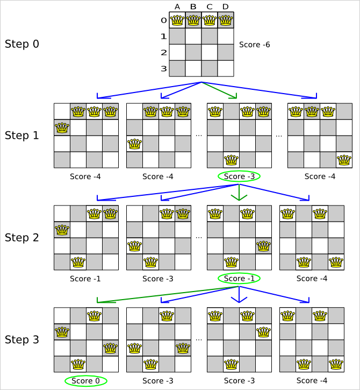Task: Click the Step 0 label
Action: pos(21,44)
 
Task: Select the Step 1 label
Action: pos(21,135)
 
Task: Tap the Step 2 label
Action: pos(21,237)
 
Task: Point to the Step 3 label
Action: pos(21,340)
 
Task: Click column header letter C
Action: pos(210,7)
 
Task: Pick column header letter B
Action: pos(193,7)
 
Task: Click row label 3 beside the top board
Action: pos(164,69)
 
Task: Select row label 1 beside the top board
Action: pos(164,37)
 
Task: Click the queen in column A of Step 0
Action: pos(177,20)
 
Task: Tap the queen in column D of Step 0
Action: pos(226,20)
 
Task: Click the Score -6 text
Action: pos(255,44)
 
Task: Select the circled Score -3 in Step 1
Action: pos(239,176)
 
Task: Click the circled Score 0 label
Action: pos(85,381)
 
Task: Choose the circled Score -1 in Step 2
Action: pos(239,279)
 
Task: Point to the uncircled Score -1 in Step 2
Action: pos(85,279)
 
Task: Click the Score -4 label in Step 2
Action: pos(311,279)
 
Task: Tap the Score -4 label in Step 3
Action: pos(311,381)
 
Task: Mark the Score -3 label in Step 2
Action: pos(158,279)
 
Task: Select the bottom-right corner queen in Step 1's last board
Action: pos(344,160)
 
